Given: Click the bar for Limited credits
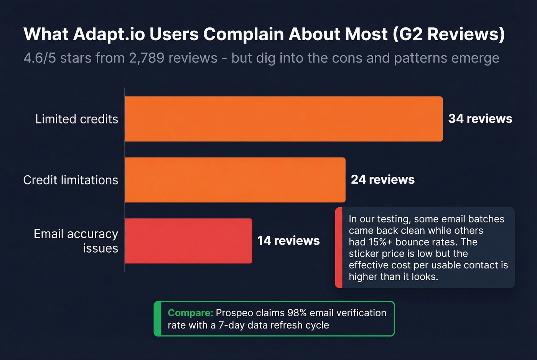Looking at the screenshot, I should (284, 119).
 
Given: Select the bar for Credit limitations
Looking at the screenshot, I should (235, 180).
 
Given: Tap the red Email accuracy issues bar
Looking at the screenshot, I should (188, 241).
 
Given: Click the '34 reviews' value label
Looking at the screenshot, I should (480, 119).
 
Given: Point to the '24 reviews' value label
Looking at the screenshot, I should (383, 180).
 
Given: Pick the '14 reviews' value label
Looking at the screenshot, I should (288, 241).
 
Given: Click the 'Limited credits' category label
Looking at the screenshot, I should (77, 119).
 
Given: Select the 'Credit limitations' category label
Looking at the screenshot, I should (71, 180).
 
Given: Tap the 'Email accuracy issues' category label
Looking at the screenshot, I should (76, 241).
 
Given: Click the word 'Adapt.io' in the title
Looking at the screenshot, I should (109, 35).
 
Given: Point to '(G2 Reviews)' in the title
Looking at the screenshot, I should (449, 35).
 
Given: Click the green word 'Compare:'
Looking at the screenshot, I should (190, 313).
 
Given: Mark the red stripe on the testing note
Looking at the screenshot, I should (339, 248).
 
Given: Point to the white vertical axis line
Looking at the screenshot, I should (125, 180).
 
